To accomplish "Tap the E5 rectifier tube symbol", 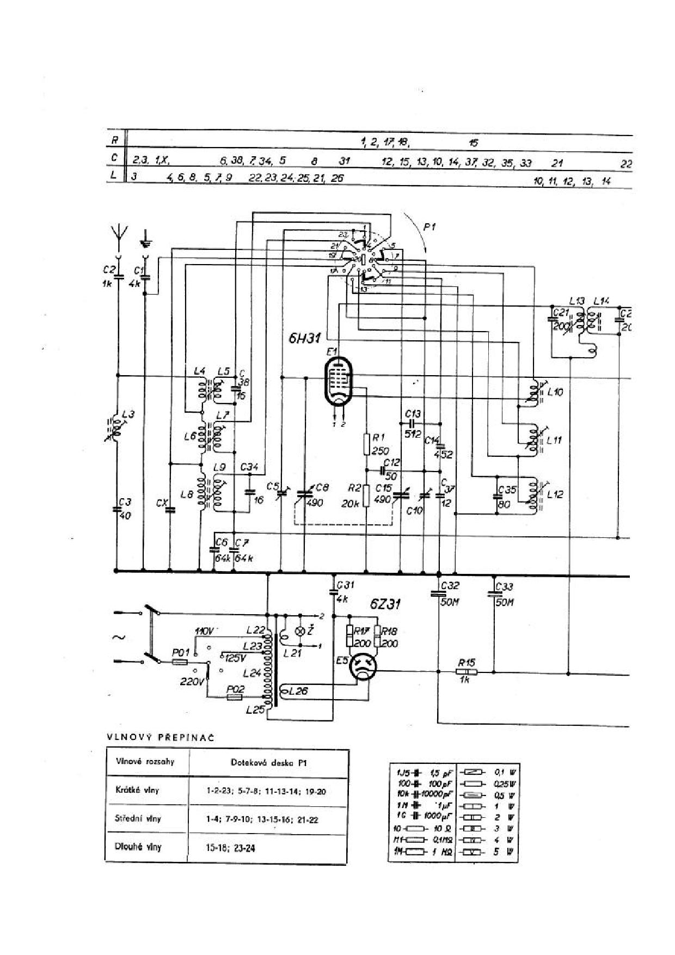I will coord(363,666).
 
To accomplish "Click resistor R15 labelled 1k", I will coord(466,673).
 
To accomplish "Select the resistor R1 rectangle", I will coord(367,444).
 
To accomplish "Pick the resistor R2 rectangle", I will coord(367,494).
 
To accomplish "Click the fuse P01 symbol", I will coord(180,662).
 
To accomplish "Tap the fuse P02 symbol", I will coord(234,697).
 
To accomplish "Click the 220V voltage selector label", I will coord(192,681).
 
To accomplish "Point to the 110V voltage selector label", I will coord(205,631).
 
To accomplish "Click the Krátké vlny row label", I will coord(137,790).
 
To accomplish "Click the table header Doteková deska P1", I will coord(267,763).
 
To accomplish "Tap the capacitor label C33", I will coord(505,587).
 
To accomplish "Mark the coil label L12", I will coord(555,494).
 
